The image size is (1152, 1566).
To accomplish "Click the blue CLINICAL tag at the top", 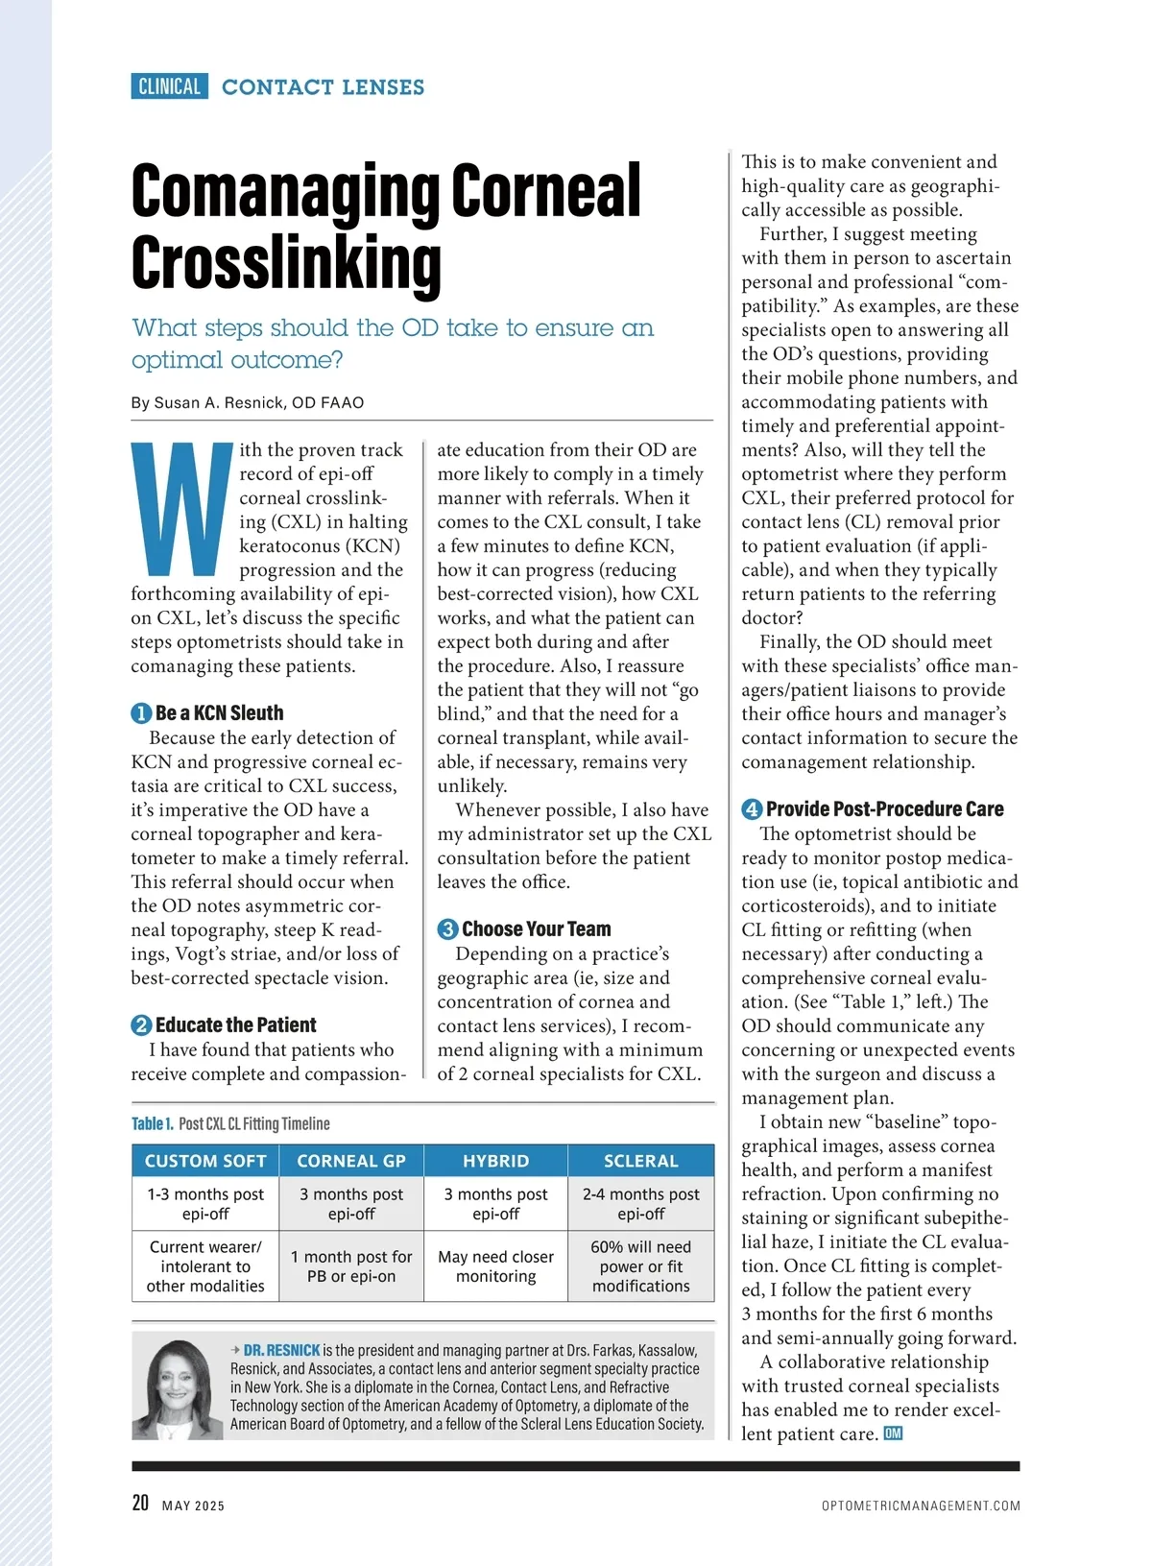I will [169, 86].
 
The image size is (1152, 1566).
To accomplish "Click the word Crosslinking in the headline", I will [286, 262].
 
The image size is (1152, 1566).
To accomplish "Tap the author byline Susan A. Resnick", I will [247, 402].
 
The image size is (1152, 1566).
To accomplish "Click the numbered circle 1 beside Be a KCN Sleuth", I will [141, 713].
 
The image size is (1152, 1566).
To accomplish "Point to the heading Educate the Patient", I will [235, 1024].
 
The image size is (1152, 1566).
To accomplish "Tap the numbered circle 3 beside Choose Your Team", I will [447, 929].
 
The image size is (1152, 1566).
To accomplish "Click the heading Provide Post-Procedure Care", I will [884, 808].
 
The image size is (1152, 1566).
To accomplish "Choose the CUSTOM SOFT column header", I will [205, 1161].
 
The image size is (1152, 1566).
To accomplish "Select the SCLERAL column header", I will [640, 1161].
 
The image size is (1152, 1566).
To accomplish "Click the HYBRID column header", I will [495, 1161].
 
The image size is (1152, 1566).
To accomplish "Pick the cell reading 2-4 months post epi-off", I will [640, 1204].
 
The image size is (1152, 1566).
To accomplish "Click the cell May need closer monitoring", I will [495, 1266].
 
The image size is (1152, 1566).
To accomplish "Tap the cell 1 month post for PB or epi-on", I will [351, 1266].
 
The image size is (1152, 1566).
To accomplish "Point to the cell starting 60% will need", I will [640, 1266].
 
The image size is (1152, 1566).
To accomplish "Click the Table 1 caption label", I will [153, 1123].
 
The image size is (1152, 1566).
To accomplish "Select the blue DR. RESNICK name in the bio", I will [281, 1350].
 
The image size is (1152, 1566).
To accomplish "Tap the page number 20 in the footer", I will [140, 1503].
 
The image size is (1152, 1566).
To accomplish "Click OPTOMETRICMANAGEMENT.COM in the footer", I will [921, 1506].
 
